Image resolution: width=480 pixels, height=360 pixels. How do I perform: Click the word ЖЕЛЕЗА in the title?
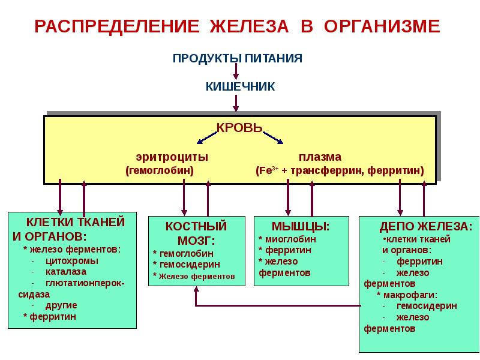coord(249,26)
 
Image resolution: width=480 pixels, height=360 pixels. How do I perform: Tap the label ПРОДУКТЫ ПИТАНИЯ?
coord(238,58)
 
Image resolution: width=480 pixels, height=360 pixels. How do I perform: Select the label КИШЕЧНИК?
coord(241,86)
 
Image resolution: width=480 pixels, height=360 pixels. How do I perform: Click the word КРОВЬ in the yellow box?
coord(239,127)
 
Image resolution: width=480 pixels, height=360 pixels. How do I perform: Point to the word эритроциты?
coord(172,157)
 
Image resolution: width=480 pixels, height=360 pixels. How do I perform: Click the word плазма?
coord(320,157)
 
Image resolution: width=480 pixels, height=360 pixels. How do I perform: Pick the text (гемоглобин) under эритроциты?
coord(160,170)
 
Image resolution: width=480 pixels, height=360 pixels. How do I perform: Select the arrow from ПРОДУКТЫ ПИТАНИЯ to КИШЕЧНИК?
coord(236,71)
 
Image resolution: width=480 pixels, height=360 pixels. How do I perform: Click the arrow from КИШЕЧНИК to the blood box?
coord(236,103)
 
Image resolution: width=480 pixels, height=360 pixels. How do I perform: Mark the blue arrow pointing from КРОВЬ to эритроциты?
coord(207,138)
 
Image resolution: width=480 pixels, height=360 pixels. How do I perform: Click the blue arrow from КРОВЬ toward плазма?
coord(273,138)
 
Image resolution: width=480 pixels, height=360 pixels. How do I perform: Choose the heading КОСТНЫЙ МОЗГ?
coord(196,233)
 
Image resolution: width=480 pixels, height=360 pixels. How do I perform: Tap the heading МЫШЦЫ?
coord(301,227)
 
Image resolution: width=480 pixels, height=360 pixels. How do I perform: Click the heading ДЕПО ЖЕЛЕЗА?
coord(426,227)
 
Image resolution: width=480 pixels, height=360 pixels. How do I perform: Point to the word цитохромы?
coord(72,261)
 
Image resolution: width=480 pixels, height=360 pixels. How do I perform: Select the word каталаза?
coord(66,272)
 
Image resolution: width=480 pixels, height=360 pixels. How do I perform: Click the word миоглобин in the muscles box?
coord(290,239)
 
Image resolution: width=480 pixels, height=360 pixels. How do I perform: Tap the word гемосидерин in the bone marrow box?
coord(190,265)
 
